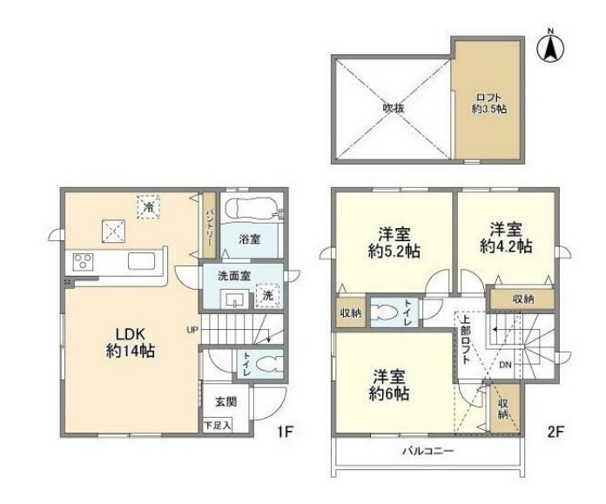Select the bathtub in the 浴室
pos(250,209)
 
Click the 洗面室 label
pos(234,276)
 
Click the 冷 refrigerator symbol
pos(149,206)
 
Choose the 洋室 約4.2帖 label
pos(507,239)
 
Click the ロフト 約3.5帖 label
pos(489,104)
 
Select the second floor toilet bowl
pos(384,314)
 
